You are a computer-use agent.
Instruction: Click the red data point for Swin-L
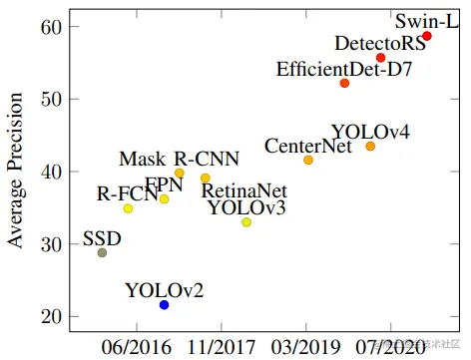tap(427, 36)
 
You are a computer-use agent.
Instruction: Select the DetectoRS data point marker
tap(380, 58)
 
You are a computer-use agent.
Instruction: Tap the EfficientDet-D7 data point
tap(344, 83)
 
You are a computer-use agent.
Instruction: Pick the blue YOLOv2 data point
tap(165, 304)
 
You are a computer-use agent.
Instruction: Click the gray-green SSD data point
tap(102, 252)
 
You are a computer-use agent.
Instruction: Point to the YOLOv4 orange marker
tap(370, 147)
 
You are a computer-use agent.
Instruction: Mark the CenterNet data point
tap(308, 160)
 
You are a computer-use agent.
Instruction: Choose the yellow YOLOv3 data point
tap(246, 222)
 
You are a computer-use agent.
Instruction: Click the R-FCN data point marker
tap(128, 208)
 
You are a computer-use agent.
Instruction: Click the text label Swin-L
tap(426, 19)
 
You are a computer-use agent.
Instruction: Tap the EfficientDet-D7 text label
tap(344, 68)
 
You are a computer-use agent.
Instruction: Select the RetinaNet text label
tap(243, 190)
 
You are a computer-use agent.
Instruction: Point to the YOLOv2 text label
tap(165, 290)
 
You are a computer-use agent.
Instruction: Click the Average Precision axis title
tap(15, 172)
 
